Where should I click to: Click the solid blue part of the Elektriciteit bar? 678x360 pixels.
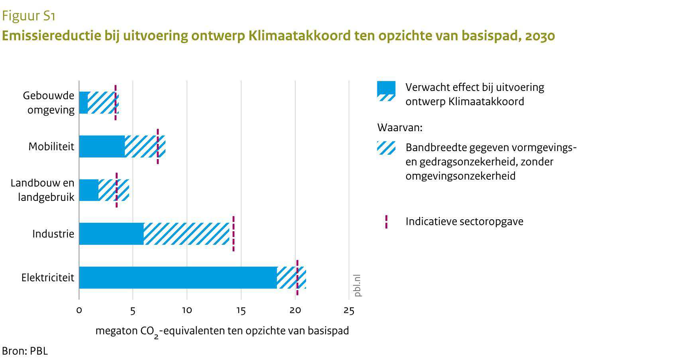tap(178, 277)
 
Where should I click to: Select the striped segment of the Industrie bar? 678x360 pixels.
tap(187, 234)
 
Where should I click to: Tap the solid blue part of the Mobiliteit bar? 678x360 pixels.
tap(102, 146)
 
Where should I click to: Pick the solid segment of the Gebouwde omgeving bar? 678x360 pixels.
tap(84, 102)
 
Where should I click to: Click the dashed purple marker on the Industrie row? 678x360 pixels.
tap(233, 234)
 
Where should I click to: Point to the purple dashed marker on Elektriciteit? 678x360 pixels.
tap(297, 277)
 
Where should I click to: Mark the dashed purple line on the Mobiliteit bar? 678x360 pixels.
tap(158, 146)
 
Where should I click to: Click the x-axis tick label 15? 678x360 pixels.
tap(241, 311)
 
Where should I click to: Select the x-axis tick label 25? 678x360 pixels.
tap(349, 311)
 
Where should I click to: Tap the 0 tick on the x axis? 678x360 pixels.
tap(79, 311)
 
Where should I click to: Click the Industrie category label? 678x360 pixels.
tap(53, 234)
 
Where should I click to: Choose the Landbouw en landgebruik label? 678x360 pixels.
tap(42, 190)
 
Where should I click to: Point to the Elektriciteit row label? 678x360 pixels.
tap(48, 277)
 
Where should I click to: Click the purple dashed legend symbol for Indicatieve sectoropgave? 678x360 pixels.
tap(386, 222)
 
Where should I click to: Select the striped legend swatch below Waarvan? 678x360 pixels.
tap(386, 148)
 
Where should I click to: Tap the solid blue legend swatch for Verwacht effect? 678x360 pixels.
tap(386, 88)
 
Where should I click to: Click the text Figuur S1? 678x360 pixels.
tap(28, 16)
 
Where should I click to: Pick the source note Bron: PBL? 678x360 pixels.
tap(25, 351)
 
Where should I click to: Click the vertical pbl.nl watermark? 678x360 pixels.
tap(357, 285)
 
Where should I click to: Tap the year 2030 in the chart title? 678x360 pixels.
tap(540, 36)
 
